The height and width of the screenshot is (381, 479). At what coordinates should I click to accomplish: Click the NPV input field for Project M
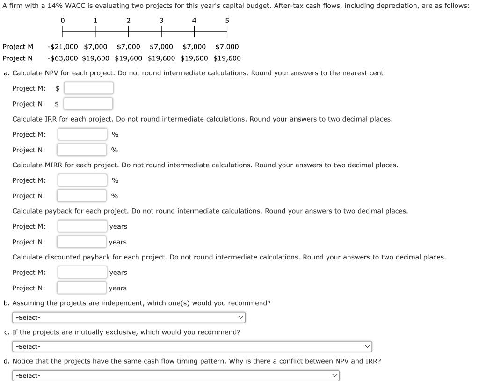pyautogui.click(x=88, y=88)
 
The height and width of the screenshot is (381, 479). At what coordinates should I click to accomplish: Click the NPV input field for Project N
pyautogui.click(x=88, y=104)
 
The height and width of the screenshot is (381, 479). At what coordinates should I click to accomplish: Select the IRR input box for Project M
pyautogui.click(x=82, y=134)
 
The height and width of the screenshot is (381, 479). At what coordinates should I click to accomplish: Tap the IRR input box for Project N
pyautogui.click(x=82, y=150)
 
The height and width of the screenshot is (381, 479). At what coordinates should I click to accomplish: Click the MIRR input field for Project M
pyautogui.click(x=82, y=180)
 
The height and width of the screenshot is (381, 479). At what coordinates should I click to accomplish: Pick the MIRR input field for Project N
pyautogui.click(x=82, y=196)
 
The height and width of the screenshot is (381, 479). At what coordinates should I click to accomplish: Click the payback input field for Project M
pyautogui.click(x=82, y=226)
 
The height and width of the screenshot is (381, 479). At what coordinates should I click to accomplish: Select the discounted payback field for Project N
pyautogui.click(x=82, y=288)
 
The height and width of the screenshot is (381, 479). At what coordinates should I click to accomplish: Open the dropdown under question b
pyautogui.click(x=129, y=317)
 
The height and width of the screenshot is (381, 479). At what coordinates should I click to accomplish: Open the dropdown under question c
pyautogui.click(x=192, y=346)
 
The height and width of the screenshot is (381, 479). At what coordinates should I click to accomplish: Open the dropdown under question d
pyautogui.click(x=175, y=375)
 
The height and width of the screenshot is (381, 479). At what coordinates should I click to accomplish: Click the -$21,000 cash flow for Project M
pyautogui.click(x=63, y=47)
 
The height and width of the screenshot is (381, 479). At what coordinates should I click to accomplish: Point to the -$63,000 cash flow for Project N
pyautogui.click(x=63, y=58)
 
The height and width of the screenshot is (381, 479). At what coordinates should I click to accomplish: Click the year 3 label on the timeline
pyautogui.click(x=161, y=21)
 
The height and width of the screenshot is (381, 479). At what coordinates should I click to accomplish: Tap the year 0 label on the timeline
pyautogui.click(x=63, y=21)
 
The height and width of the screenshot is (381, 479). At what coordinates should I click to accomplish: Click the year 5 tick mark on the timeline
pyautogui.click(x=227, y=32)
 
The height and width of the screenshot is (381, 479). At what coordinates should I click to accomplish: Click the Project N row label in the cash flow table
pyautogui.click(x=17, y=58)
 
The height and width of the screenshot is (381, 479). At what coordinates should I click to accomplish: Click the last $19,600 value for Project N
pyautogui.click(x=227, y=58)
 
